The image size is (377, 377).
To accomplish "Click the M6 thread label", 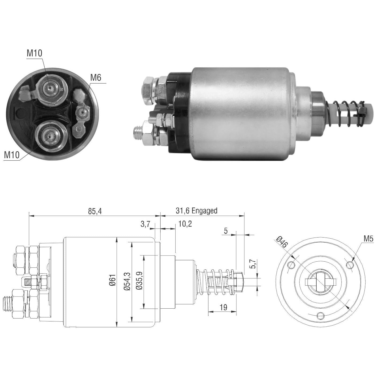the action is (x=96, y=78).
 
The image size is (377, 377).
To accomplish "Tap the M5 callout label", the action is (x=369, y=239).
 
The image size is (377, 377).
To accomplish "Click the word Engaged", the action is (x=204, y=211).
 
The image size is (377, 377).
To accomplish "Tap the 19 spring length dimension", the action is (x=223, y=307).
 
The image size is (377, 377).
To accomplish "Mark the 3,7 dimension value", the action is (x=145, y=224).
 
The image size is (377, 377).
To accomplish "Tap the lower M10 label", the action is (x=12, y=155).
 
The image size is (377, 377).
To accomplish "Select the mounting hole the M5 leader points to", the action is (x=350, y=265).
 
